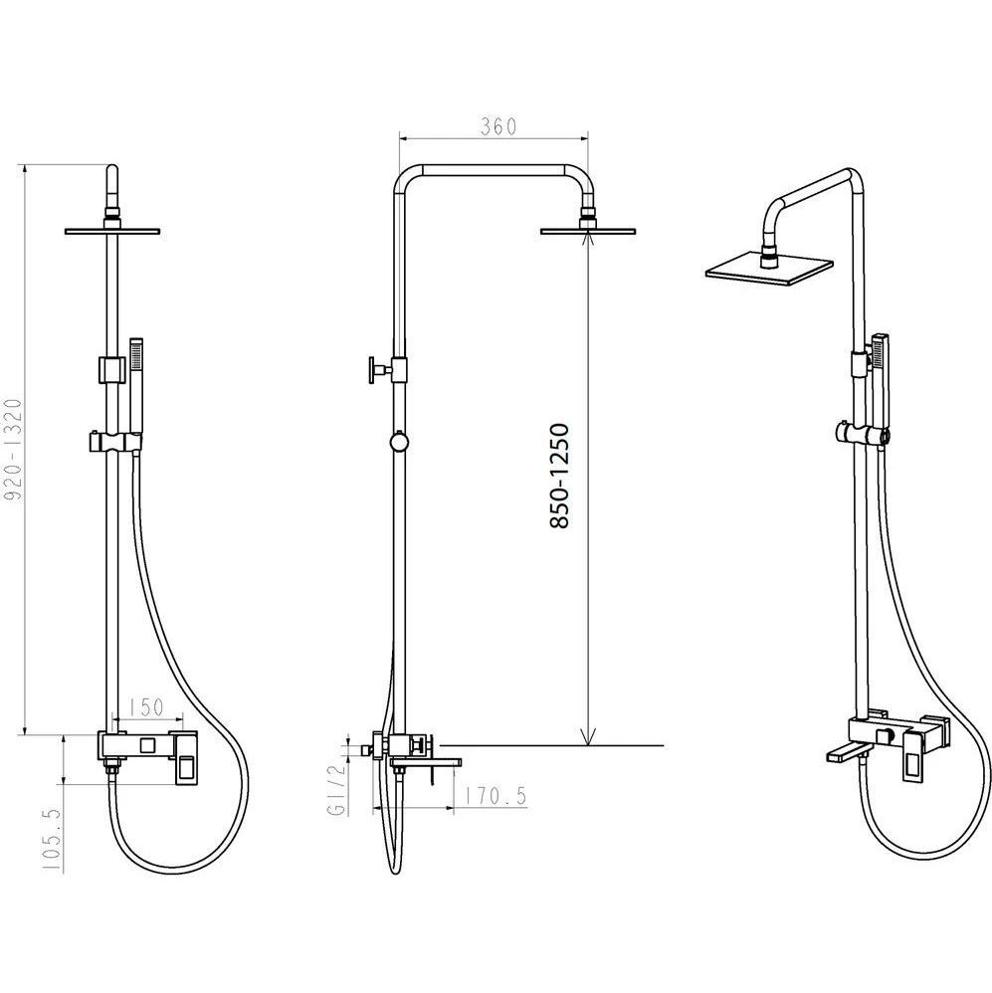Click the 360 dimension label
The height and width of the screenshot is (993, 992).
tap(497, 127)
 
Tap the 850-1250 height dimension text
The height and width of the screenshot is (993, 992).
tap(560, 477)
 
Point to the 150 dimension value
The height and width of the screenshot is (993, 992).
tap(145, 707)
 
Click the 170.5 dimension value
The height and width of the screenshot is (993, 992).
tap(495, 796)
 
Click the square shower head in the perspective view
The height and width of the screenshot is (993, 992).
tap(769, 269)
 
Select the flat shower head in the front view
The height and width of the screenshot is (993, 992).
tap(112, 231)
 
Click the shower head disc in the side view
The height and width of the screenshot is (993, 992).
tap(588, 231)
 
